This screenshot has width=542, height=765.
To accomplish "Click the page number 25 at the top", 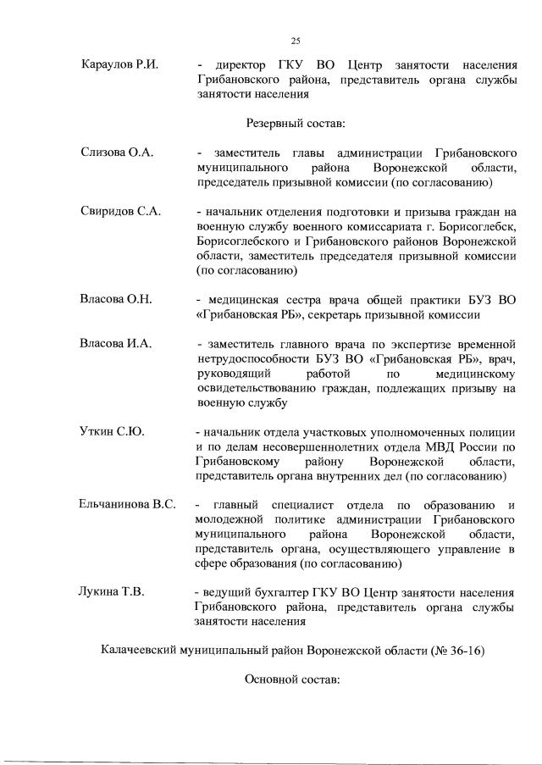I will click(x=296, y=40).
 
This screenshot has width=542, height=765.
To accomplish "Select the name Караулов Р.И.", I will click(x=121, y=65).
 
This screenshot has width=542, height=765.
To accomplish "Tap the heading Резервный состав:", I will click(x=296, y=124).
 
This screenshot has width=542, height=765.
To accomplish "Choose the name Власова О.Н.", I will click(x=116, y=300).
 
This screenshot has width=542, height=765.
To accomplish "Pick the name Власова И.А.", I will click(x=116, y=343).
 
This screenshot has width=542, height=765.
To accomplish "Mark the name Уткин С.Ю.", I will click(x=111, y=431).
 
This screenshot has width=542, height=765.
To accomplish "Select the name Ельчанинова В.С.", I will click(x=128, y=505).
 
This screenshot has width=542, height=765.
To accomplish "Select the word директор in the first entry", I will click(x=241, y=65).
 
